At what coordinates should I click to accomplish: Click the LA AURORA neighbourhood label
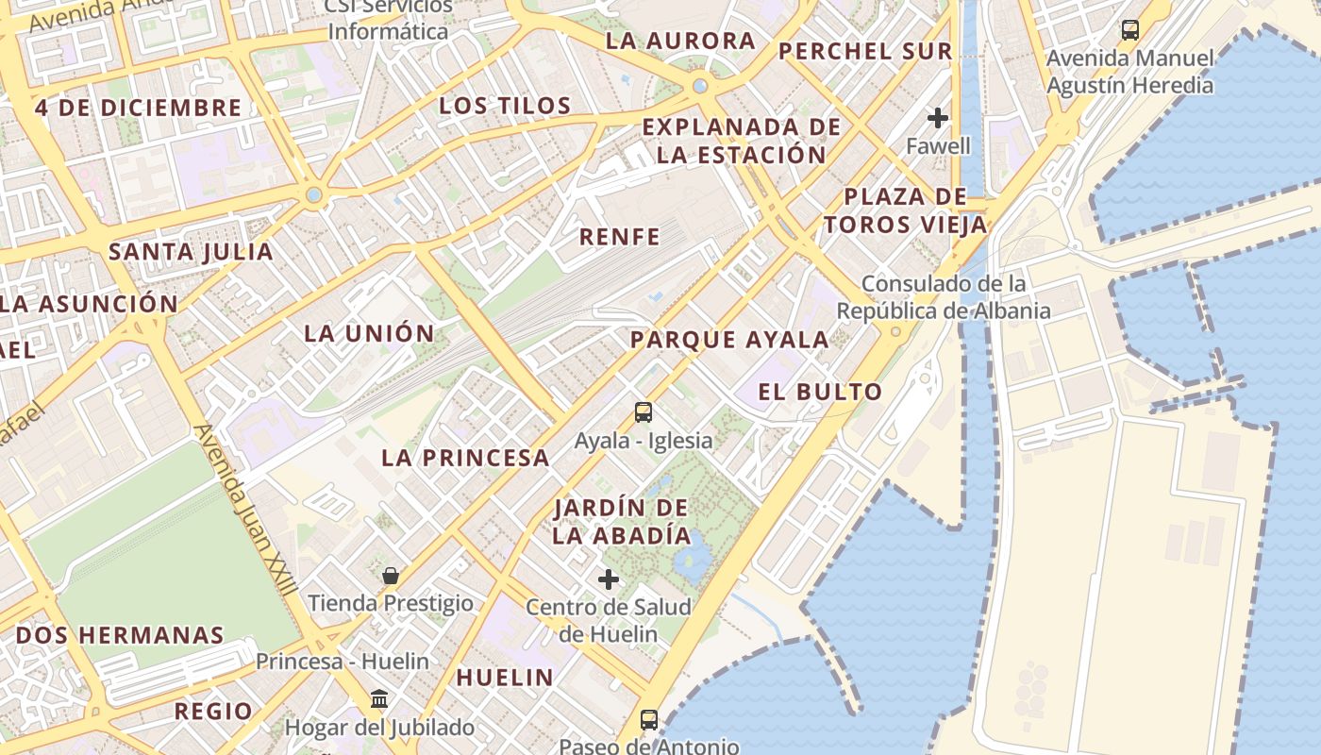680,41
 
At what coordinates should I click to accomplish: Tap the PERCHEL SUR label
865,51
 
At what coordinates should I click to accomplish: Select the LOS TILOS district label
505,105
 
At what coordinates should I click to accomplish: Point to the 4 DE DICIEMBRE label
139,108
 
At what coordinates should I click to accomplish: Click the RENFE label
619,237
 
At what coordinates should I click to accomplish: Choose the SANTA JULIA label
191,252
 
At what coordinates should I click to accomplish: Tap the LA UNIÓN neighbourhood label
369,333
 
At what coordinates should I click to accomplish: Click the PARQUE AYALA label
729,340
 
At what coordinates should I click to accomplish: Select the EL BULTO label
820,392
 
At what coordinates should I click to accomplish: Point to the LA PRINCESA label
465,458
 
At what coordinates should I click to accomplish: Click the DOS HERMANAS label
120,635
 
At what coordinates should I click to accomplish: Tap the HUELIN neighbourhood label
505,677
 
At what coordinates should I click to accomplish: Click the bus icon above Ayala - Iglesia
644,412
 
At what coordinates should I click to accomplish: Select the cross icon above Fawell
938,118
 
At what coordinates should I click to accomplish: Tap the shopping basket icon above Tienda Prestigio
391,575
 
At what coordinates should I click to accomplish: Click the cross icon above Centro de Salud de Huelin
609,579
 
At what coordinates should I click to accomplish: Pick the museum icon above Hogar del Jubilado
379,699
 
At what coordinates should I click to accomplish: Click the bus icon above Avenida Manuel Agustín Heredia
1130,30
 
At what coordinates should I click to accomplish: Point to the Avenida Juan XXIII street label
245,510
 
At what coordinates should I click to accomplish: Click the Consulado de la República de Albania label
943,296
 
